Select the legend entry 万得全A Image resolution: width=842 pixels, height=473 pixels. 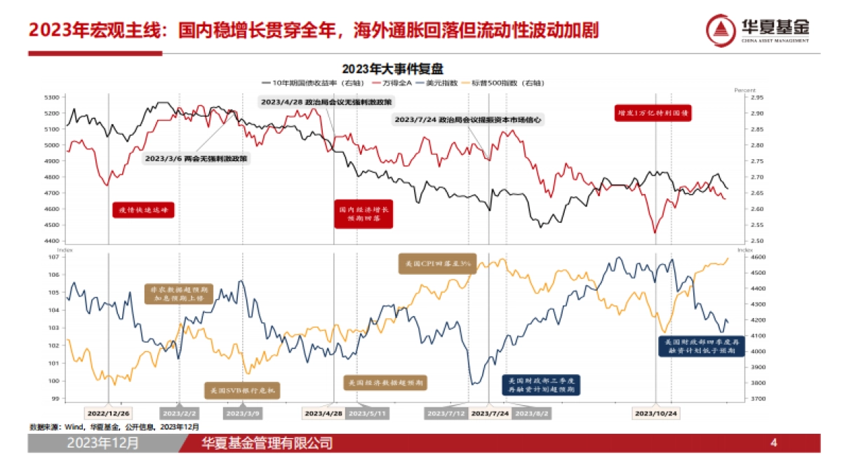403,83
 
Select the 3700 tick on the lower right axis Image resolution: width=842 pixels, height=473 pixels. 746,399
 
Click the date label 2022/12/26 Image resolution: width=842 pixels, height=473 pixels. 108,413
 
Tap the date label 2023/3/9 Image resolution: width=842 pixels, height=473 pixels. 243,413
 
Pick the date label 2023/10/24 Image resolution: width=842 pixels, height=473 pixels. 657,413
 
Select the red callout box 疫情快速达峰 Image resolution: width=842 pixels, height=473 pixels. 143,210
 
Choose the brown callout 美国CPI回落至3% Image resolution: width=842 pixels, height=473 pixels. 436,264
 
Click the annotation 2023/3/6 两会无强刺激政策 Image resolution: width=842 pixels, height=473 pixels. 196,159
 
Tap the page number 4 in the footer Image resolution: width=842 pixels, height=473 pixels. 774,443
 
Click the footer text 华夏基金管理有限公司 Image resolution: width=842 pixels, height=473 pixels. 267,444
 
